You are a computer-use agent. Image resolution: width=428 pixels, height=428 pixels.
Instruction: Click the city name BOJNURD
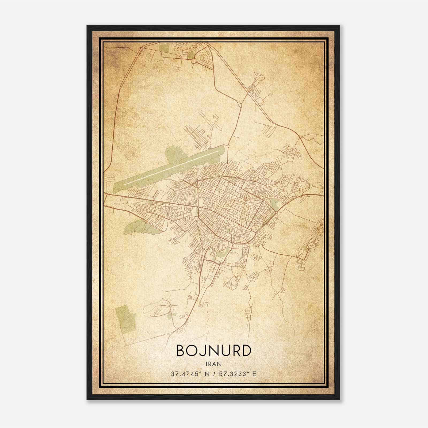214,351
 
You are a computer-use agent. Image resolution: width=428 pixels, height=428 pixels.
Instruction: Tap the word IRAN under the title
214,364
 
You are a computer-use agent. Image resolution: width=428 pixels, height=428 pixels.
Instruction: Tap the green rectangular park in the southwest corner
125,320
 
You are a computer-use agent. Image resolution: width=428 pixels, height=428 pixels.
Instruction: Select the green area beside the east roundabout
274,205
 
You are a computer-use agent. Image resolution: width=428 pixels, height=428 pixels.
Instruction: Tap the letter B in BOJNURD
180,351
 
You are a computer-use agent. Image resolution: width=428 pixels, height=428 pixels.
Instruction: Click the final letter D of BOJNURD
246,351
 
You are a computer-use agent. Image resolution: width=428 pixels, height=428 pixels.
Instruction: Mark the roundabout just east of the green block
276,213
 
